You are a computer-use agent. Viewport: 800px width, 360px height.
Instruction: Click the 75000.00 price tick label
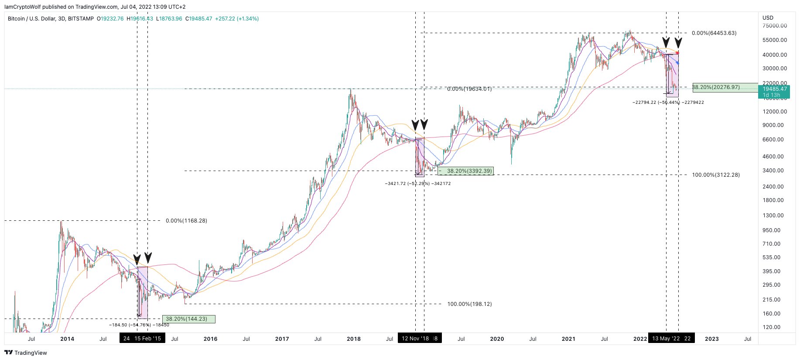pos(775,26)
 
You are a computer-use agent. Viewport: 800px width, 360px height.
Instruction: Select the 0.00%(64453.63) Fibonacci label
pos(714,33)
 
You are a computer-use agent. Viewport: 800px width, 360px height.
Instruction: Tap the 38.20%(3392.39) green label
pos(465,171)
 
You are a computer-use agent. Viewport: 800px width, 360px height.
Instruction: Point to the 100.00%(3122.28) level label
pos(715,175)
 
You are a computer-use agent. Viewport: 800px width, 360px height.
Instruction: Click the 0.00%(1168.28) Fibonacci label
pos(186,221)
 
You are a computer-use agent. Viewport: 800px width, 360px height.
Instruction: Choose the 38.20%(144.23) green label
pos(188,319)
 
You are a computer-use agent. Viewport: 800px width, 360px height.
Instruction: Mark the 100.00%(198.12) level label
pos(469,304)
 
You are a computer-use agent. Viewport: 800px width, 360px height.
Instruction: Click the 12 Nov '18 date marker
pos(415,339)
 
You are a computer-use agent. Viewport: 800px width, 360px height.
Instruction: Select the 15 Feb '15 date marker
pos(147,339)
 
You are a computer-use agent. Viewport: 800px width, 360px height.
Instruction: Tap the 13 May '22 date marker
pos(666,339)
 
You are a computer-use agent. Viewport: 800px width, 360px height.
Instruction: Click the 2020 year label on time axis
pos(497,339)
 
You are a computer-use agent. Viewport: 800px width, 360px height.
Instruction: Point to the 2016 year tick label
pos(210,339)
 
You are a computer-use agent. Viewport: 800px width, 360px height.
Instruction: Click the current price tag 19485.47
pos(775,89)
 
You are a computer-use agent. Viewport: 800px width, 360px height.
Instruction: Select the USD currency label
pos(768,18)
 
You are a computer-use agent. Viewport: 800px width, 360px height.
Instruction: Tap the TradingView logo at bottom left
pos(26,353)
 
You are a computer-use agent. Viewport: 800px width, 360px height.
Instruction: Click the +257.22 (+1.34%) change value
pos(237,19)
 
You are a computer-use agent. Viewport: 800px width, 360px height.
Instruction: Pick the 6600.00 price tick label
pos(773,140)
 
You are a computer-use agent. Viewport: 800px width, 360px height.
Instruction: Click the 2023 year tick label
pos(711,339)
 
